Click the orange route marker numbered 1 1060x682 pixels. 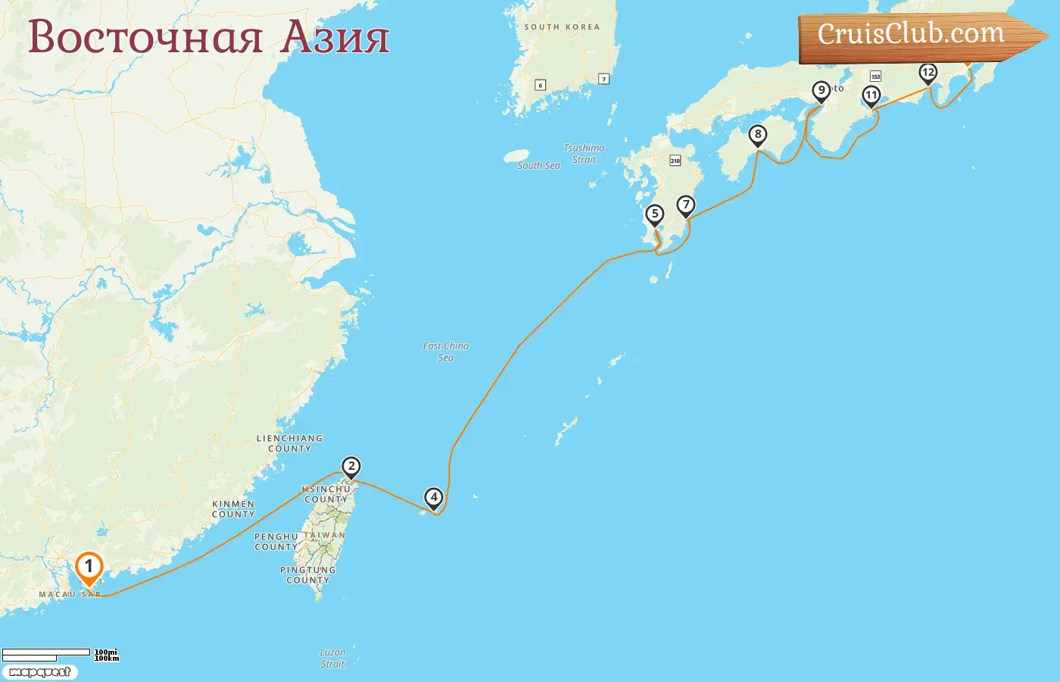pyautogui.click(x=89, y=568)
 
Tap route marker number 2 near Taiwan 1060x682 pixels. pyautogui.click(x=351, y=467)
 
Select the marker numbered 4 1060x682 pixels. pyautogui.click(x=434, y=498)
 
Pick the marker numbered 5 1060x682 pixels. pyautogui.click(x=655, y=214)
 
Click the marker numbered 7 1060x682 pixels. pyautogui.click(x=686, y=205)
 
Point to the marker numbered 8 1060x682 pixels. pyautogui.click(x=758, y=135)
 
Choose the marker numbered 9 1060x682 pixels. pyautogui.click(x=821, y=91)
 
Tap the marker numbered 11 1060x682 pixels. pyautogui.click(x=871, y=95)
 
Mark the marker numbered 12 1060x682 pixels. pyautogui.click(x=928, y=73)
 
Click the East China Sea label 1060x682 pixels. pyautogui.click(x=446, y=352)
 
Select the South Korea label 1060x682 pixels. pyautogui.click(x=562, y=27)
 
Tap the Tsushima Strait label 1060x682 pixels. pyautogui.click(x=585, y=154)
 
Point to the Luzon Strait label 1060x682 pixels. pyautogui.click(x=332, y=658)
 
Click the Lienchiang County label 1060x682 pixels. pyautogui.click(x=290, y=443)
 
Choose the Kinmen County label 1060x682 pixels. pyautogui.click(x=233, y=509)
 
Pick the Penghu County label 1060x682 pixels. pyautogui.click(x=276, y=542)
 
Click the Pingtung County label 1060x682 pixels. pyautogui.click(x=307, y=575)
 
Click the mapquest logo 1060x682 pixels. pyautogui.click(x=39, y=672)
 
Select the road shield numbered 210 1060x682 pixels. pyautogui.click(x=675, y=161)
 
